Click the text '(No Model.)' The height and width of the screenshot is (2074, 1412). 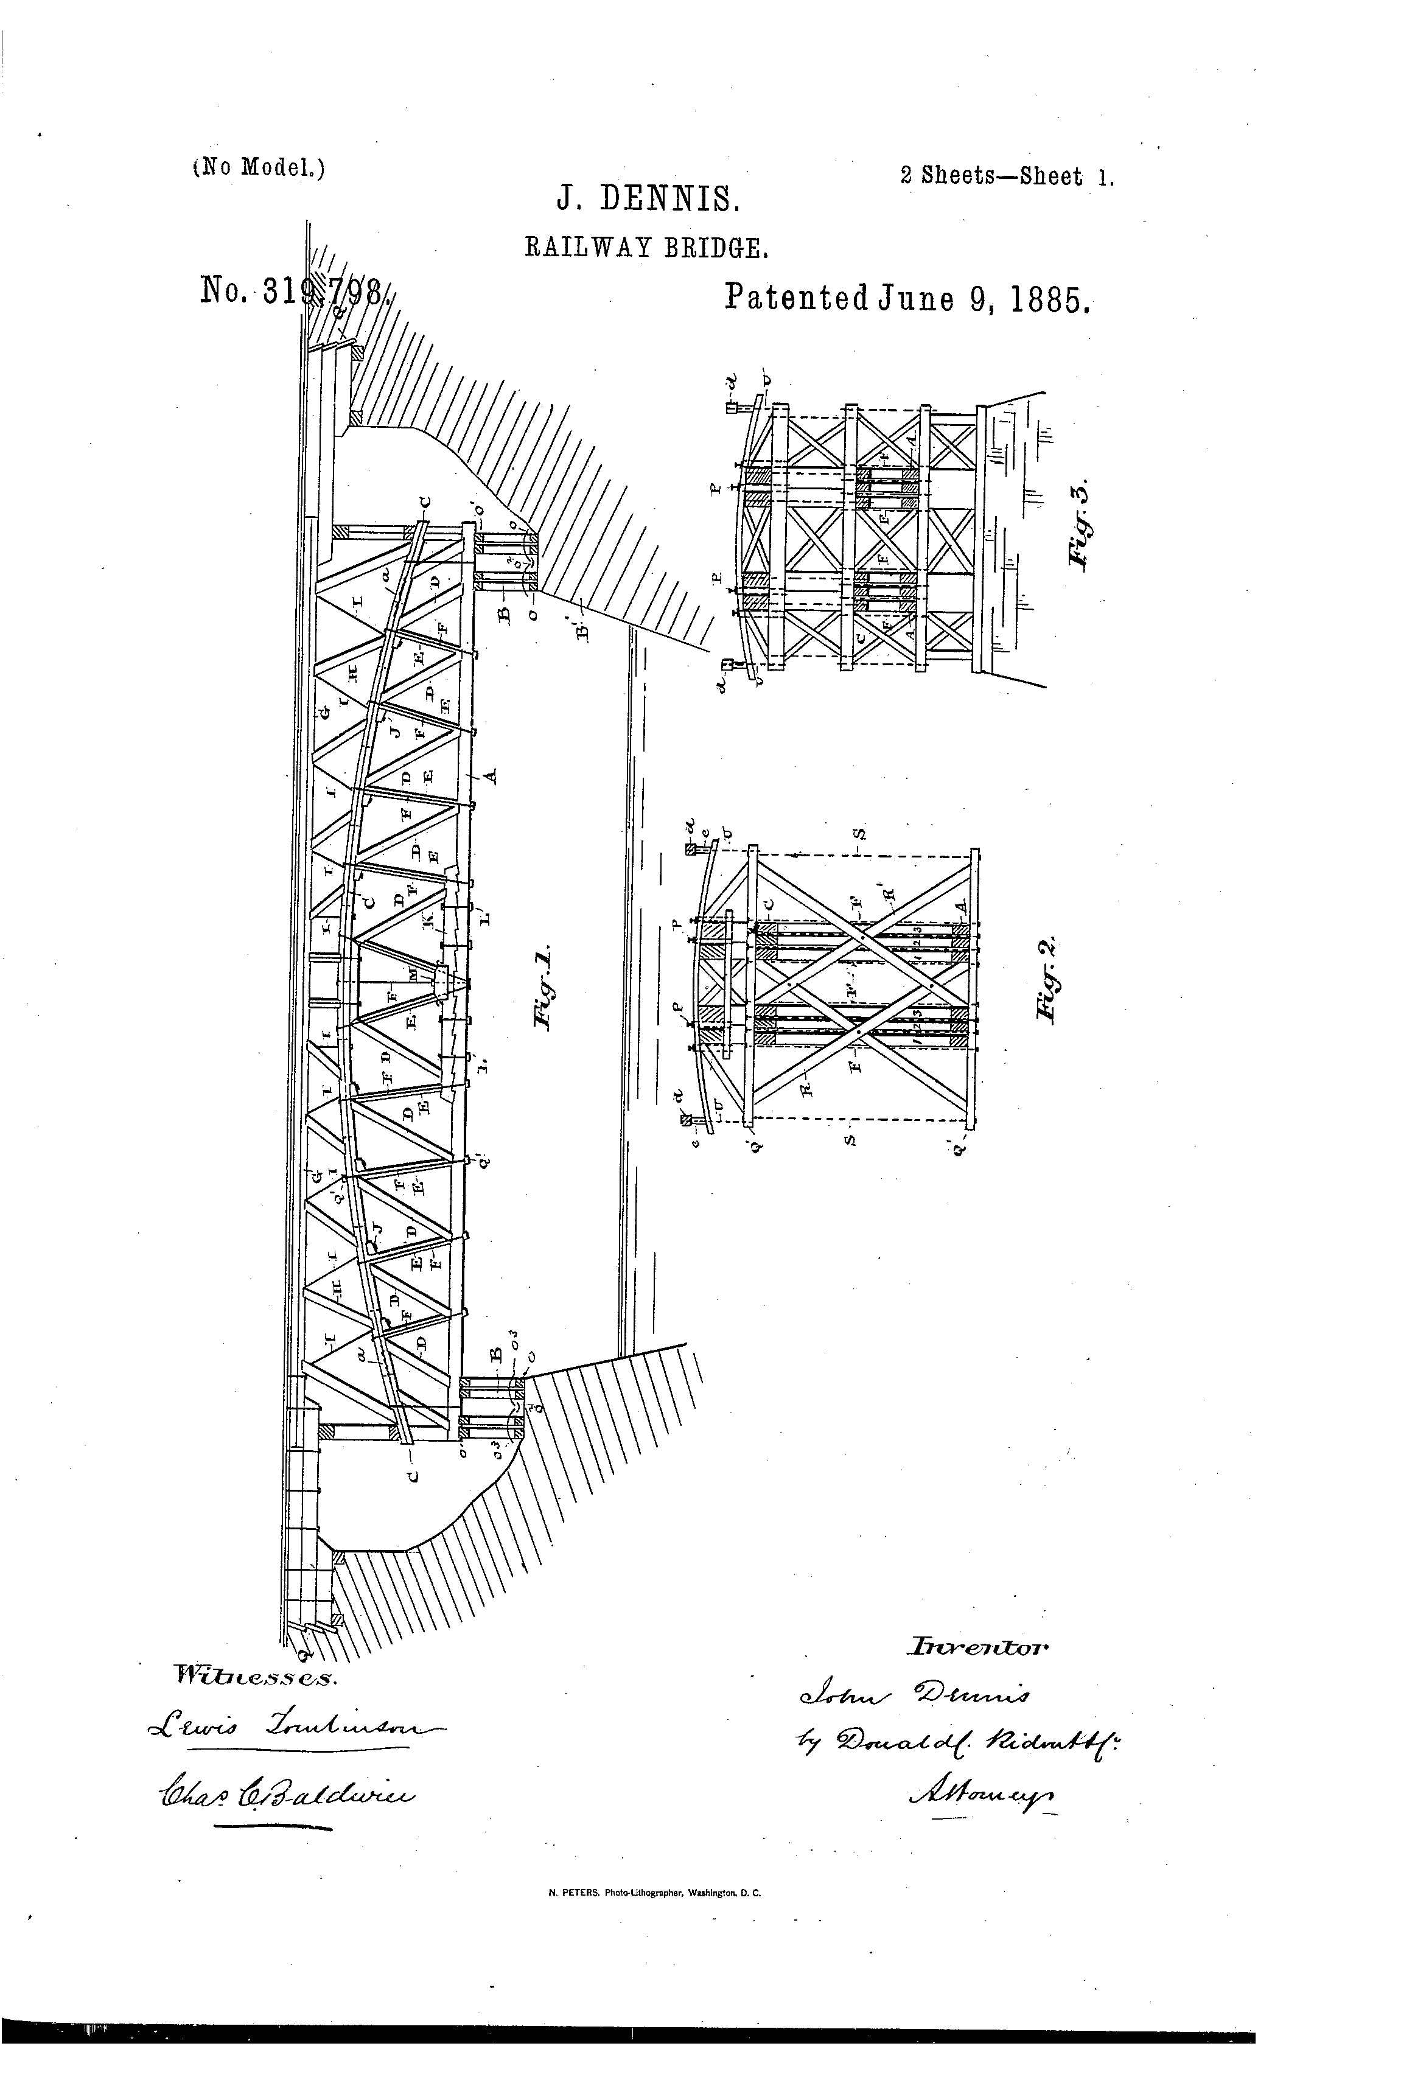(259, 168)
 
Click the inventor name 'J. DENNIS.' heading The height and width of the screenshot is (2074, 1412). (648, 199)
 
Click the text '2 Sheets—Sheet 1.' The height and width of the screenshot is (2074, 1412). (1007, 176)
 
